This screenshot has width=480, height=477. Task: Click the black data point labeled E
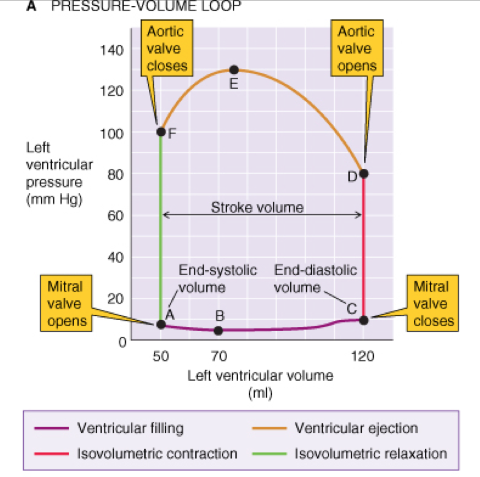point(234,70)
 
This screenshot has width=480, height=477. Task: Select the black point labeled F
point(161,132)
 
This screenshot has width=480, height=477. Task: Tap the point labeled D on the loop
point(363,173)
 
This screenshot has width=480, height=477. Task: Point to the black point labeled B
point(219,330)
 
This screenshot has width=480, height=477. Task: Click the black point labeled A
point(161,325)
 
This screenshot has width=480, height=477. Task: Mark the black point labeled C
point(363,320)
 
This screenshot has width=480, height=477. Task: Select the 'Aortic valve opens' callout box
point(357,48)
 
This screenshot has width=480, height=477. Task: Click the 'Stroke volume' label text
point(257,207)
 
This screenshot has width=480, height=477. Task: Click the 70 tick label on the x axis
point(219,356)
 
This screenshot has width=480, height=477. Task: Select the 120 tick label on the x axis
point(363,356)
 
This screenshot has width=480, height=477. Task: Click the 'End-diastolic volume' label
point(315,279)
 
